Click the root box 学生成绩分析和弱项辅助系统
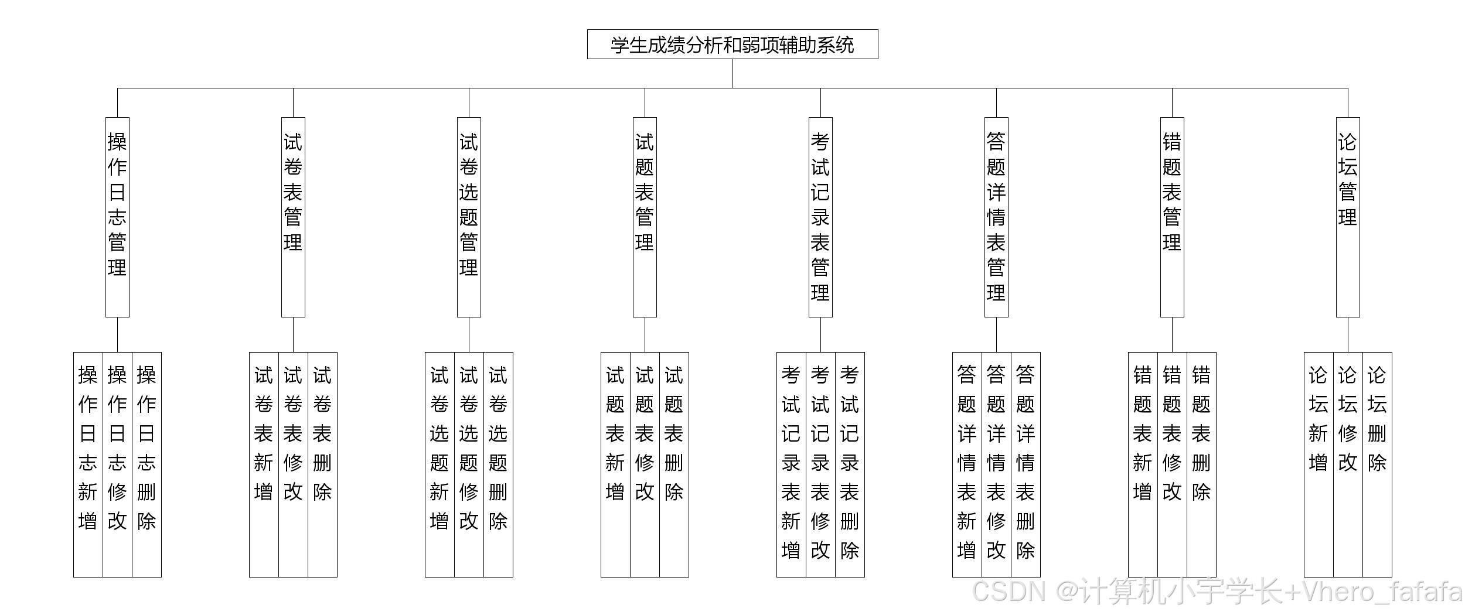732,45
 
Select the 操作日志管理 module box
117,217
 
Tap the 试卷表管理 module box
293,217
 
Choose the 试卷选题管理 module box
469,217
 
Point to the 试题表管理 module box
645,217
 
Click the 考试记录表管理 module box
820,217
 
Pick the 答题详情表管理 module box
996,217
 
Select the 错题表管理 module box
1172,217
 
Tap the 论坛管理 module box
1348,217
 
